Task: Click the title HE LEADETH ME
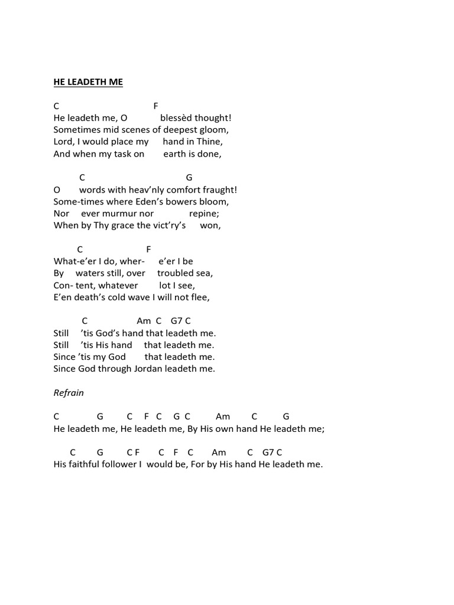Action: click(88, 82)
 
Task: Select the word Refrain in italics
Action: click(69, 392)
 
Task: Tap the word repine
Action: click(204, 213)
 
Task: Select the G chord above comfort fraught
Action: click(189, 177)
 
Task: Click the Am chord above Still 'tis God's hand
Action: click(144, 321)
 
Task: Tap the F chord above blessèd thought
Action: click(156, 106)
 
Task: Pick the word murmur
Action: click(121, 213)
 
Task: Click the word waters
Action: click(89, 273)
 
